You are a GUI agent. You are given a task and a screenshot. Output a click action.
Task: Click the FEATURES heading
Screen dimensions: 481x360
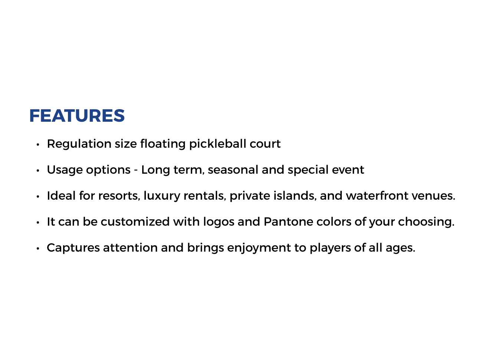point(77,115)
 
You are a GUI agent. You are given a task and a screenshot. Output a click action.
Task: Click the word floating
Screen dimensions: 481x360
point(163,144)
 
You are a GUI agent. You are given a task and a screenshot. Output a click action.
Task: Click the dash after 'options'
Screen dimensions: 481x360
point(136,170)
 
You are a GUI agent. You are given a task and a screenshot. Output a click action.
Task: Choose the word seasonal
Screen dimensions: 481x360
point(233,170)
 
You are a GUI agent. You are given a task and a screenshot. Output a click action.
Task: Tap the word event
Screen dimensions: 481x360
point(348,170)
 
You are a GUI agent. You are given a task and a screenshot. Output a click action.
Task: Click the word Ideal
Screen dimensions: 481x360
point(61,196)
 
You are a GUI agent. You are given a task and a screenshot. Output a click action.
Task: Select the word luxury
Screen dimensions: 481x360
point(162,196)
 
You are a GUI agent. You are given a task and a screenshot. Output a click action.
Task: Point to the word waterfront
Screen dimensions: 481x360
point(377,196)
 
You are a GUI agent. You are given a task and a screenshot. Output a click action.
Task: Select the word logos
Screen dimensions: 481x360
point(219,222)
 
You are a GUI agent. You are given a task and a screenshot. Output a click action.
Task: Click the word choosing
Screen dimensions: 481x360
point(426,222)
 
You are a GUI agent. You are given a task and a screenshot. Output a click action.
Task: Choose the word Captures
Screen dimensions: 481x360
point(73,248)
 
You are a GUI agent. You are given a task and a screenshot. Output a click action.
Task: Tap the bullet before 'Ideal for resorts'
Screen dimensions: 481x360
point(38,197)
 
